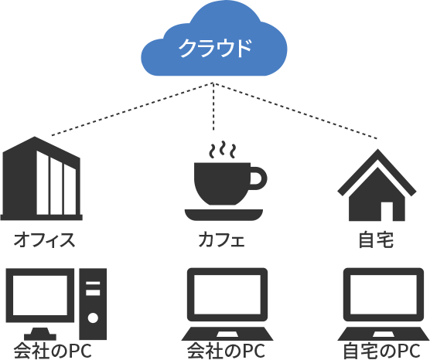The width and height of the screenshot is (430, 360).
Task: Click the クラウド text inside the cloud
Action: [215, 48]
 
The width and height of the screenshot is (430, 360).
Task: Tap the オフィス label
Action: [44, 240]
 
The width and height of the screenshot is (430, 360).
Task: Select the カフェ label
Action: [222, 240]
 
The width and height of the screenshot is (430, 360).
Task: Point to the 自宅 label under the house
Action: [376, 240]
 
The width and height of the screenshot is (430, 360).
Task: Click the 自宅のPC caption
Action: [382, 351]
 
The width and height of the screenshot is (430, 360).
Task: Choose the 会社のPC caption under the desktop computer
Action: [53, 351]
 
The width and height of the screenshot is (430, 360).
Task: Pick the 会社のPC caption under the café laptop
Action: [226, 351]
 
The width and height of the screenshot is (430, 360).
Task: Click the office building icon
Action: [42, 178]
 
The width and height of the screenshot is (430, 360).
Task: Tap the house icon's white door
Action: [387, 211]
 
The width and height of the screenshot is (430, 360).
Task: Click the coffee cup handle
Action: [259, 178]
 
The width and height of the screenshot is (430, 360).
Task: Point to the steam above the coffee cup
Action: [223, 150]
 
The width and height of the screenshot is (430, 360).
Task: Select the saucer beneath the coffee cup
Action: [224, 215]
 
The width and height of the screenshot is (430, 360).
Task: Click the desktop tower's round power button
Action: [94, 318]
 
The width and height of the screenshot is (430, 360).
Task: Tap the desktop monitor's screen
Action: [40, 295]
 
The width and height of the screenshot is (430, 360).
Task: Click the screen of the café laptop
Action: [227, 294]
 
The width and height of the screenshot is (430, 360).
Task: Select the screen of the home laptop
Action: [384, 294]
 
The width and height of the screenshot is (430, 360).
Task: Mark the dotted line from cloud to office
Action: [132, 109]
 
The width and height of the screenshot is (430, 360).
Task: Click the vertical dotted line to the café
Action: [213, 107]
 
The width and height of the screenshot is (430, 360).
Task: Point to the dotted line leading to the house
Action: [295, 110]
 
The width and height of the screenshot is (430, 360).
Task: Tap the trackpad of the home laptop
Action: [384, 335]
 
